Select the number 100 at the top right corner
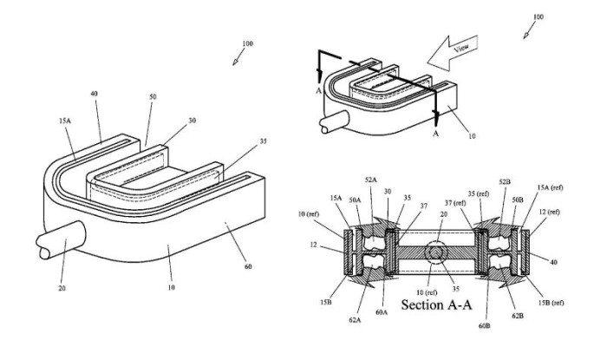click(x=538, y=16)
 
